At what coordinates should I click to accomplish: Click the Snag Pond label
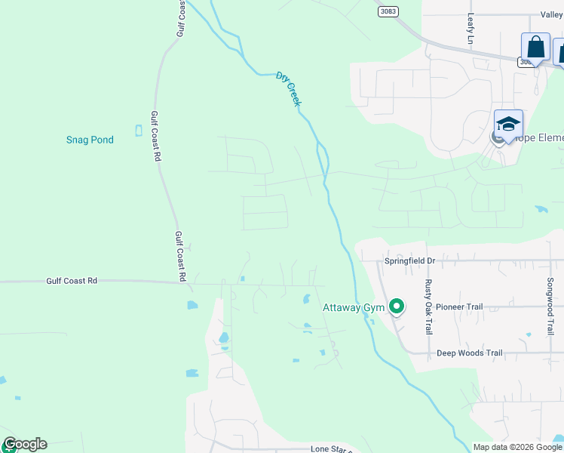pyautogui.click(x=90, y=140)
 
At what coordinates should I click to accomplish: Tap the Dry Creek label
pyautogui.click(x=288, y=88)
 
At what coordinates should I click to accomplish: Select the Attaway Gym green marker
pyautogui.click(x=397, y=307)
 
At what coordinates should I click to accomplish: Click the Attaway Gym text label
pyautogui.click(x=353, y=308)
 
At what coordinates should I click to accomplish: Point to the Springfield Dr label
pyautogui.click(x=410, y=260)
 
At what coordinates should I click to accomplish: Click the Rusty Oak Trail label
pyautogui.click(x=428, y=307)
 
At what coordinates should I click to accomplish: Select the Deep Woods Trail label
pyautogui.click(x=469, y=353)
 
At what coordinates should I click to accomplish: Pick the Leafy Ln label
pyautogui.click(x=470, y=29)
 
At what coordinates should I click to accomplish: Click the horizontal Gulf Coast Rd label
pyautogui.click(x=72, y=281)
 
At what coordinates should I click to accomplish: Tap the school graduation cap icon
pyautogui.click(x=508, y=123)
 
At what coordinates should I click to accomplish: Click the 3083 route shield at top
pyautogui.click(x=388, y=11)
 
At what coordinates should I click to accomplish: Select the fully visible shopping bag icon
pyautogui.click(x=535, y=47)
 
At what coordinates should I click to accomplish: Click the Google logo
pyautogui.click(x=24, y=444)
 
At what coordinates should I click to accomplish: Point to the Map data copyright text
pyautogui.click(x=517, y=447)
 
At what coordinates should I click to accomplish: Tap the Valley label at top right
pyautogui.click(x=551, y=14)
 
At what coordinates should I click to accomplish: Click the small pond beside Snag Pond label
pyautogui.click(x=138, y=130)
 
